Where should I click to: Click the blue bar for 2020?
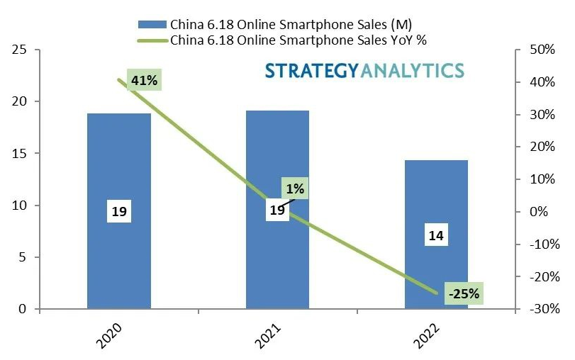pyautogui.click(x=118, y=170)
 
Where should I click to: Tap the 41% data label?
pyautogui.click(x=144, y=81)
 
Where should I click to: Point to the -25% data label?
pyautogui.click(x=464, y=293)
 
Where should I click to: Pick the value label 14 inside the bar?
pyautogui.click(x=436, y=236)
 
